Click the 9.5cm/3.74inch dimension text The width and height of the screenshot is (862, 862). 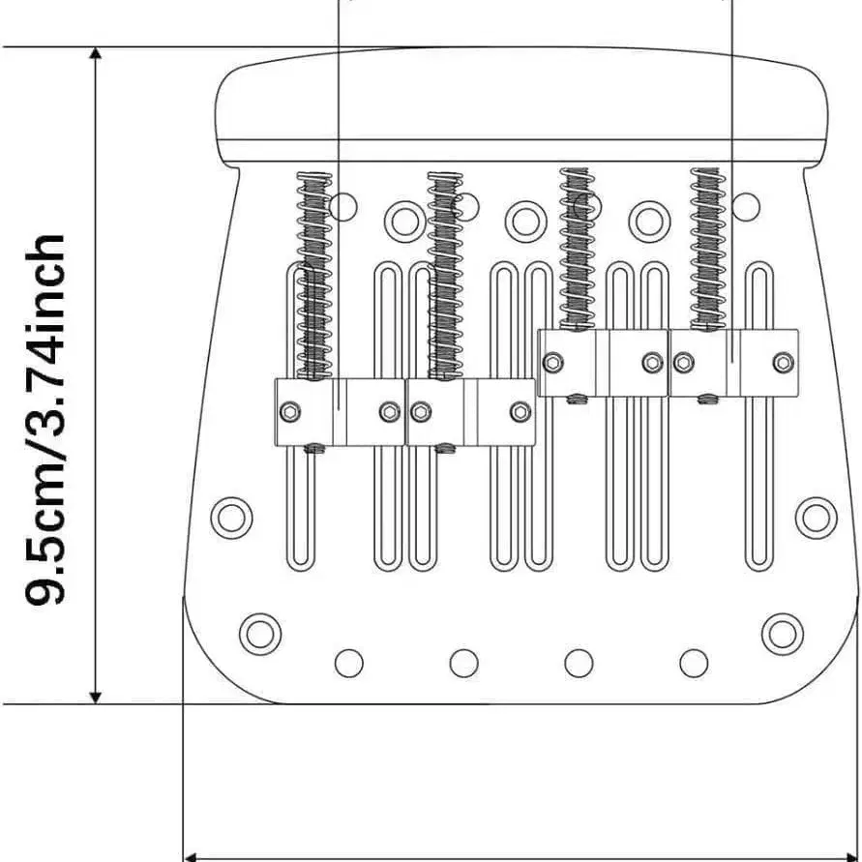click(45, 420)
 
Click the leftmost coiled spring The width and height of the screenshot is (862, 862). click(314, 276)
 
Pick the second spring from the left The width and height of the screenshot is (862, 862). click(445, 276)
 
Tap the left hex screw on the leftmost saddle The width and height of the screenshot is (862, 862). click(289, 412)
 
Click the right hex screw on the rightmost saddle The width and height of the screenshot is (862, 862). click(783, 362)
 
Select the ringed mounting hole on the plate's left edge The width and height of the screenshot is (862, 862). click(231, 518)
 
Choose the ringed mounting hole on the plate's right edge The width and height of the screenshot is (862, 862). click(816, 518)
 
